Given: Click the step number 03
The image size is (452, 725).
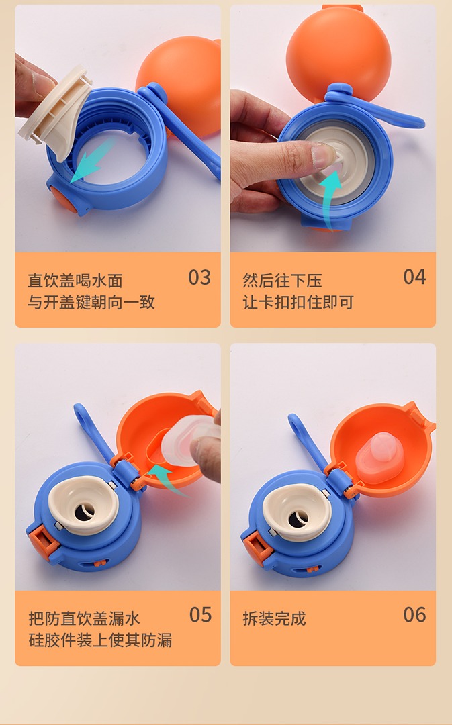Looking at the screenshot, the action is pos(199,277).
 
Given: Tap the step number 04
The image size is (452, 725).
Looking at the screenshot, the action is pos(414,277).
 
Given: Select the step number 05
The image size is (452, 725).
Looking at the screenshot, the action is pos(200,614).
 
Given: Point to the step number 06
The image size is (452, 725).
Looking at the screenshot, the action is pos(414,614).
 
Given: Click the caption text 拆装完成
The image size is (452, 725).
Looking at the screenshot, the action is pos(274,618).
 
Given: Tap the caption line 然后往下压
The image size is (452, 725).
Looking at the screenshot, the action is pos(282,281).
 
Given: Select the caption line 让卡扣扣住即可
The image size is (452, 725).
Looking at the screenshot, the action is pos(298,302).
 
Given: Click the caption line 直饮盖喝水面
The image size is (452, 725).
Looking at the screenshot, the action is pos(75,281).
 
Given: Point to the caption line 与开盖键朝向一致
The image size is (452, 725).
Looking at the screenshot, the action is pos(91,302).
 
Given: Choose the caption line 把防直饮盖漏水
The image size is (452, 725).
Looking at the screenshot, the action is pos(84,618).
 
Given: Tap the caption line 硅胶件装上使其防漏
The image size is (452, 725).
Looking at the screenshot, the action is pos(100,640).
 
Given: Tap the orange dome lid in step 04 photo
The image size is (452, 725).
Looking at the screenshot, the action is pos(338,52).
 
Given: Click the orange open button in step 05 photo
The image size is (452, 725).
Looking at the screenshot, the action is pos(38,542).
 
